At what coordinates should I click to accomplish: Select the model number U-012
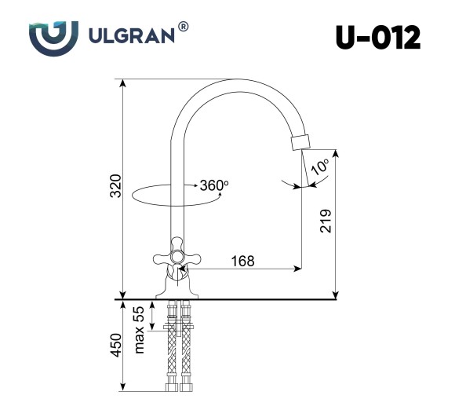coord(377,37)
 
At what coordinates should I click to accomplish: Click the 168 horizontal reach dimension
coord(242,261)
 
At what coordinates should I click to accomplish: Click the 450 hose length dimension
coord(115,346)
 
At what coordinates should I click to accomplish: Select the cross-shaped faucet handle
coord(176,256)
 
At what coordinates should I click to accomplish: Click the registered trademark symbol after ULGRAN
coord(183,27)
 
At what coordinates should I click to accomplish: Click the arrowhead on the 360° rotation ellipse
coord(193,185)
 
